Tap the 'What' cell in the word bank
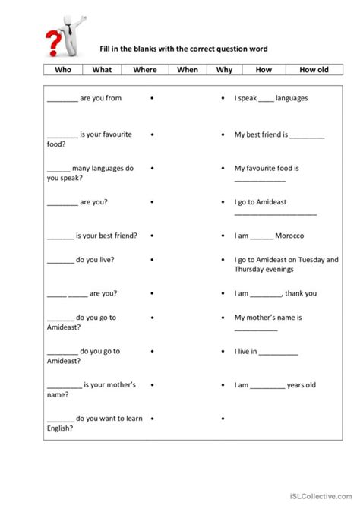pyautogui.click(x=102, y=70)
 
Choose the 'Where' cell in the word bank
pyautogui.click(x=144, y=70)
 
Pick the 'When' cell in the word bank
pyautogui.click(x=187, y=70)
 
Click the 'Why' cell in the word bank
pyautogui.click(x=224, y=70)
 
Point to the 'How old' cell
pyautogui.click(x=314, y=70)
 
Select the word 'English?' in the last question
pyautogui.click(x=60, y=428)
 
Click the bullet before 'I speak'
pyautogui.click(x=221, y=99)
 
